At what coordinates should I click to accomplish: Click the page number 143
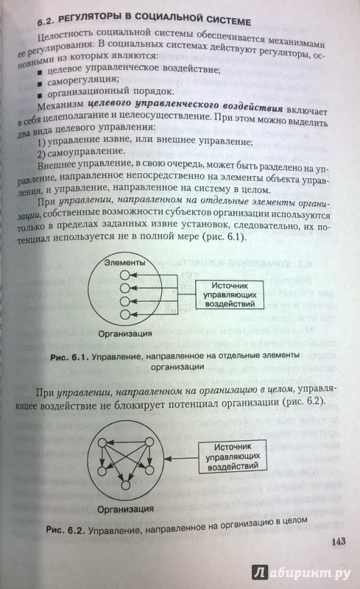(339, 541)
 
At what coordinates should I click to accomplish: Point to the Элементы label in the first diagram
(124, 263)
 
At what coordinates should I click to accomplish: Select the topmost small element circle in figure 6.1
(124, 275)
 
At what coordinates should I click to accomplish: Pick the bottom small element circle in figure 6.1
(124, 314)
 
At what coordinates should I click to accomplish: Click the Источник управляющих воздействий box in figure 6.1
(229, 294)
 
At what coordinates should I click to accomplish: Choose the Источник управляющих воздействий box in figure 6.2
(232, 456)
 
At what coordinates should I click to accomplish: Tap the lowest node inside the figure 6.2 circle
(125, 485)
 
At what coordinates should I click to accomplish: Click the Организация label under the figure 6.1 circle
(124, 334)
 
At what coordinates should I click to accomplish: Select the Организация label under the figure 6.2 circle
(125, 509)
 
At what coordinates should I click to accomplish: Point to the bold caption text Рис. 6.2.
(66, 529)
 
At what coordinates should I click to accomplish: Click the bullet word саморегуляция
(82, 80)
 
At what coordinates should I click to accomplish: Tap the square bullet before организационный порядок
(40, 94)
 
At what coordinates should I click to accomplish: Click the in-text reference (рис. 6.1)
(224, 237)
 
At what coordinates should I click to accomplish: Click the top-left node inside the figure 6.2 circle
(102, 443)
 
